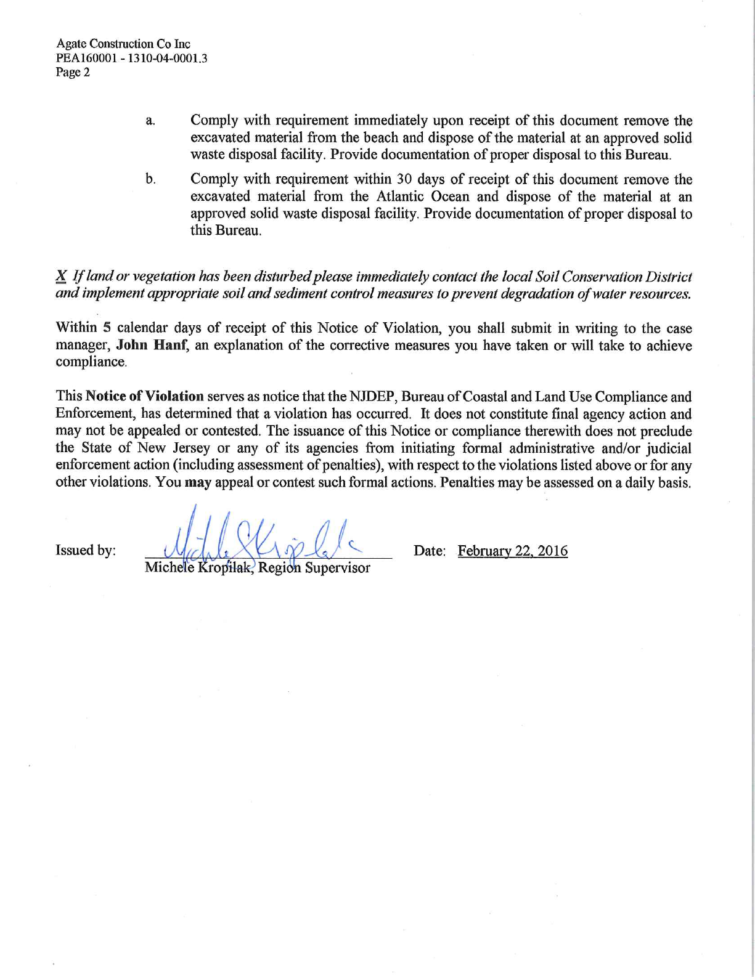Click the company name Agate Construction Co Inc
pos(123,44)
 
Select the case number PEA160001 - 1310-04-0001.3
pos(131,59)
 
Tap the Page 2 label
pos(73,73)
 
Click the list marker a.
pos(150,121)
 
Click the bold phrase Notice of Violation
pos(145,397)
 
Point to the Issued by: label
pos(86,551)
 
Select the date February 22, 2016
pos(512,551)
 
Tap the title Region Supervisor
pos(314,568)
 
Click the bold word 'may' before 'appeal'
pos(198,482)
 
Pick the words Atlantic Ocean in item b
pos(423,197)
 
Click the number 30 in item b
pos(403,179)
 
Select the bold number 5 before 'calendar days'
pos(107,328)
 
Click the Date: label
pos(429,551)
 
